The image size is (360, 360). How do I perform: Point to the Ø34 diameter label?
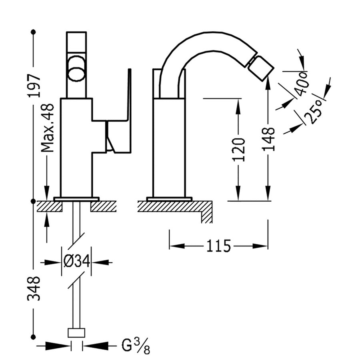pyautogui.click(x=76, y=262)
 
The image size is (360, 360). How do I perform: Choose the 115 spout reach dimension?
pyautogui.click(x=218, y=246)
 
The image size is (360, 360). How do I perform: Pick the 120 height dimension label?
pyautogui.click(x=239, y=149)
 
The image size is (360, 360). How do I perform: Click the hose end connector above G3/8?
pyautogui.click(x=76, y=333)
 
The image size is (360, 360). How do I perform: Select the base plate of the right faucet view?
pyautogui.click(x=169, y=199)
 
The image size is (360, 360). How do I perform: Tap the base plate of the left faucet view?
pyautogui.click(x=76, y=199)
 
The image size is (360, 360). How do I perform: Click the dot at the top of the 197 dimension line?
pyautogui.click(x=33, y=32)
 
